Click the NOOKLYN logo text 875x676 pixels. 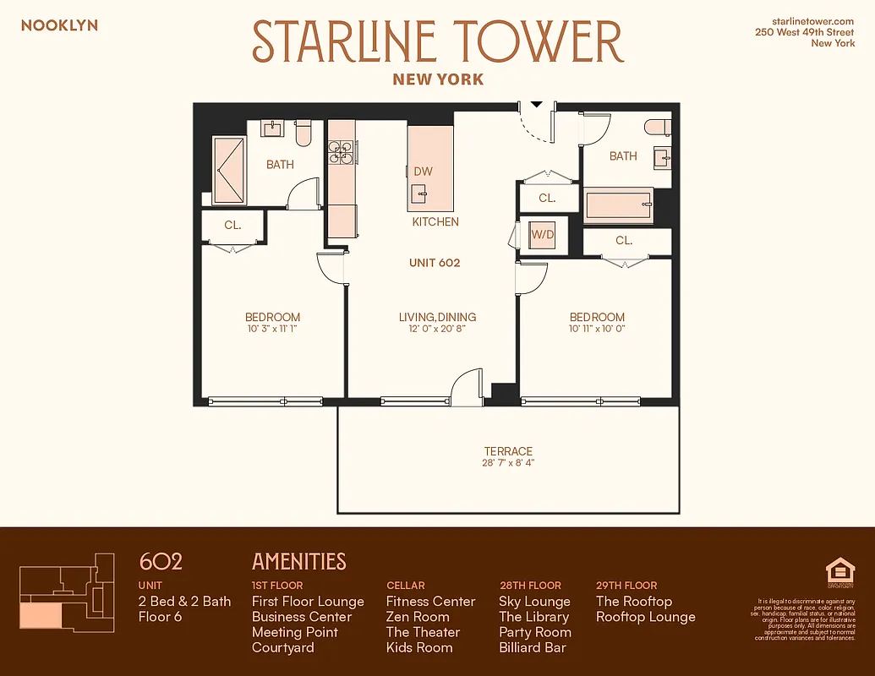(x=59, y=25)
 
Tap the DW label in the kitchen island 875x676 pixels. (x=423, y=172)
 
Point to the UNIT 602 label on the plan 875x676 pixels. (x=435, y=263)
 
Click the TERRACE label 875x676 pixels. (x=508, y=451)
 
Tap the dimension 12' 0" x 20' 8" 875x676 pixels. (x=437, y=329)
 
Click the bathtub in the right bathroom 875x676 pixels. (x=617, y=204)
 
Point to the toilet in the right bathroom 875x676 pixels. (x=657, y=128)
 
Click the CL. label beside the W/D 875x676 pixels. (x=547, y=199)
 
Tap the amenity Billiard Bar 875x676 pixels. (x=533, y=647)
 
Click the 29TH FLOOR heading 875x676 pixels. (x=626, y=585)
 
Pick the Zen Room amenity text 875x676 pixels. (x=418, y=617)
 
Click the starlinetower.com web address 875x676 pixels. (x=813, y=20)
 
